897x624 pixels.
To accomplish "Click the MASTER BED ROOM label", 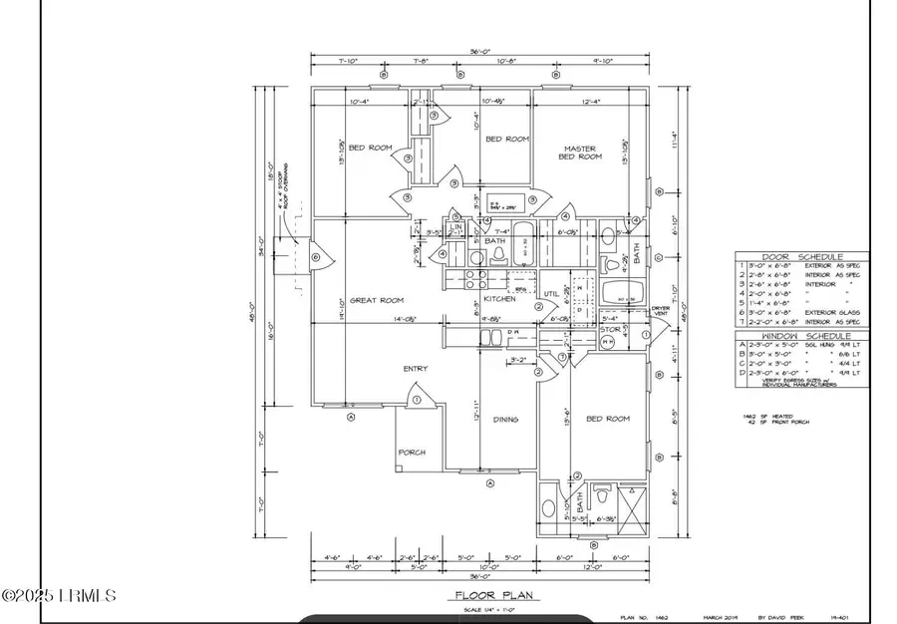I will tap(579, 153).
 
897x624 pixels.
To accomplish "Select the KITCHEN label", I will tap(499, 298).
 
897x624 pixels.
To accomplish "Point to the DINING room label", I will tap(506, 420).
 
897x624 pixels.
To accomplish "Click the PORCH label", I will tap(413, 453).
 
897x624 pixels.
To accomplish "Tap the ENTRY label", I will tap(416, 369).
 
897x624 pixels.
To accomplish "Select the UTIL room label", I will tap(550, 293).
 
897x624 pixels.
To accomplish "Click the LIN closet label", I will tap(455, 227).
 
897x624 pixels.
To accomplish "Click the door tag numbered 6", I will tap(316, 257).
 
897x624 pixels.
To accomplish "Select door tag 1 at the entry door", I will tap(417, 401).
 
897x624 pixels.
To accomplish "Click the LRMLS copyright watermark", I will tap(60, 596).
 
